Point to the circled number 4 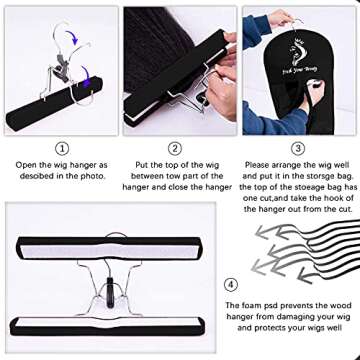(232, 283)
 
